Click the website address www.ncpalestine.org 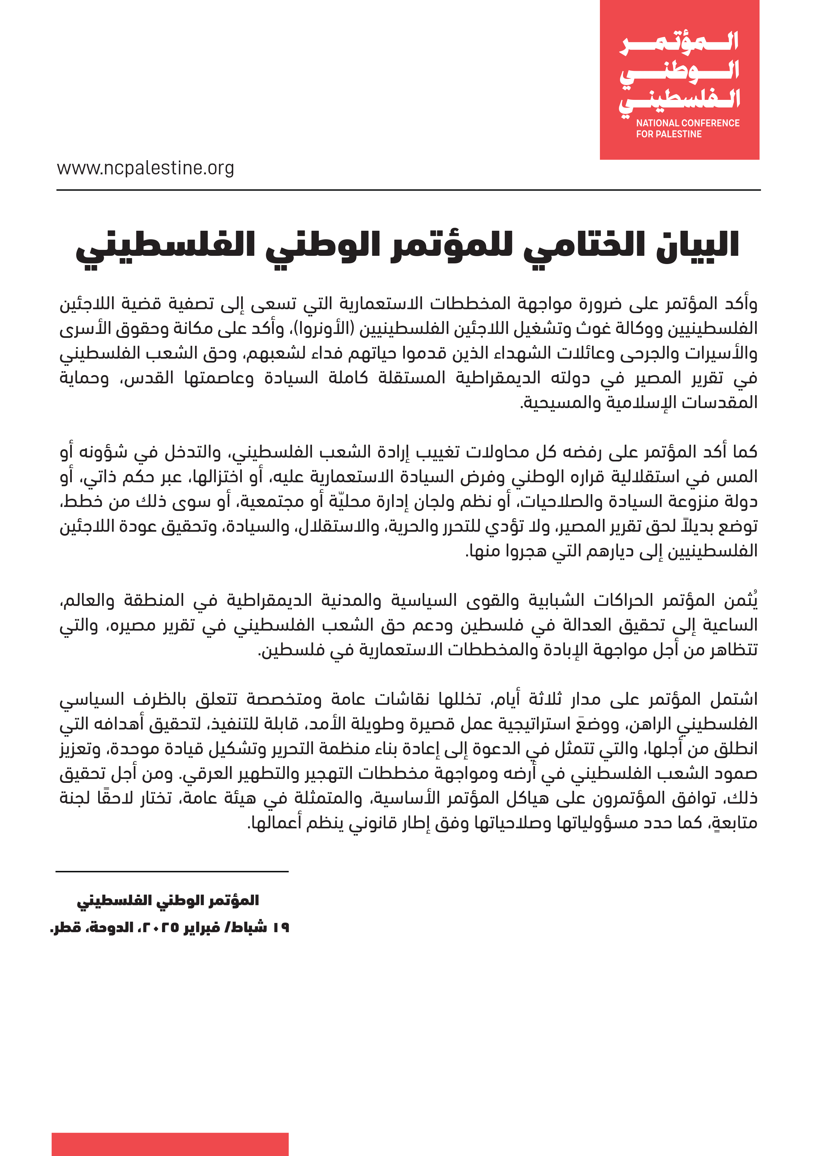point(145,168)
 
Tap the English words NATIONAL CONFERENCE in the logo point(687,123)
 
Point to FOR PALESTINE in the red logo point(669,134)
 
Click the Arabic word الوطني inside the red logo point(679,72)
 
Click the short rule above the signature point(172,871)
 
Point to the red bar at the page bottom point(170,1144)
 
